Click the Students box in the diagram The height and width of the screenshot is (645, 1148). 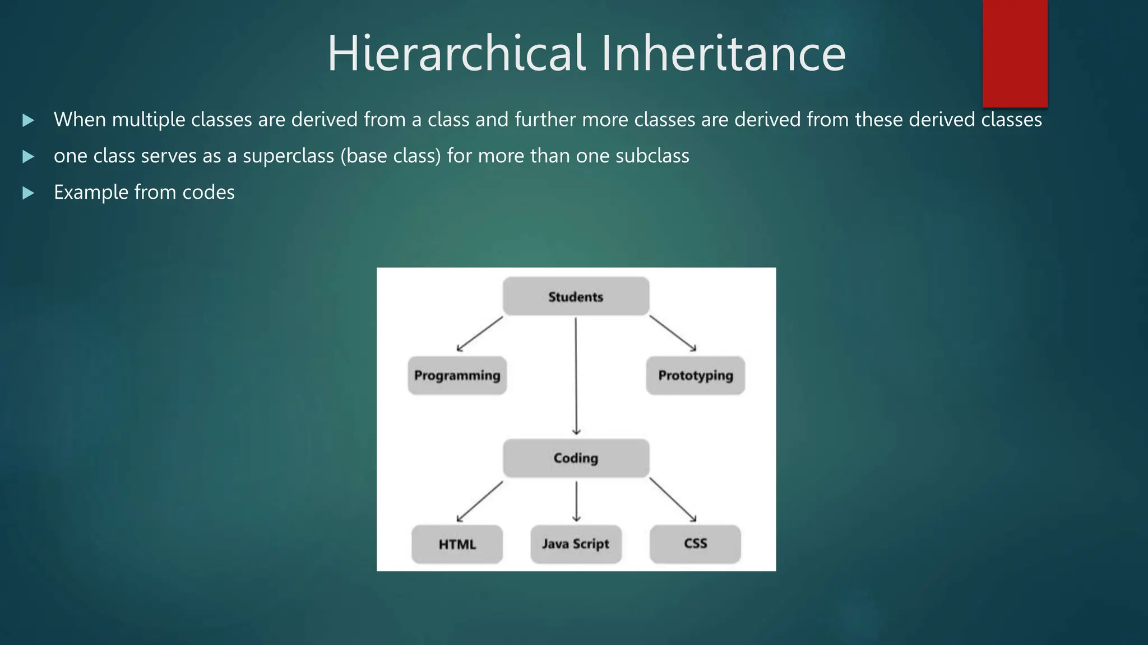pos(576,296)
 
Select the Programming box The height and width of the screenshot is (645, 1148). pos(457,375)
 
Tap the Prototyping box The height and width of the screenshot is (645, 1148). pos(695,375)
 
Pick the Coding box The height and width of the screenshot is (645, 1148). pos(576,458)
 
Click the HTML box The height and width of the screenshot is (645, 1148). pos(457,544)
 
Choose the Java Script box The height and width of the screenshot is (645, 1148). pos(576,544)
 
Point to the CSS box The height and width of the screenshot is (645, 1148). pos(695,544)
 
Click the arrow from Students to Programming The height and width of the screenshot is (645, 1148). pos(480,334)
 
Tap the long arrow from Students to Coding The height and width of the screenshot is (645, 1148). pos(576,375)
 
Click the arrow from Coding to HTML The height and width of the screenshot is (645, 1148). pos(480,502)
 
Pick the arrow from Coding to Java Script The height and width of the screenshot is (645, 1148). pos(576,501)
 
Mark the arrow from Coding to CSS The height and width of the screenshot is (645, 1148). pos(673,500)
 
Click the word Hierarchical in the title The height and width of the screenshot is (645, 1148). pos(456,54)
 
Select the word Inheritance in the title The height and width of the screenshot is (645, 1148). pos(723,54)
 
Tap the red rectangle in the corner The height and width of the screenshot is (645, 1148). pos(1015,53)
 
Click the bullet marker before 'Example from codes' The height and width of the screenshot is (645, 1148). pos(28,193)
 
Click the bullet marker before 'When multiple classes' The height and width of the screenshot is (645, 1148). pos(28,120)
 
